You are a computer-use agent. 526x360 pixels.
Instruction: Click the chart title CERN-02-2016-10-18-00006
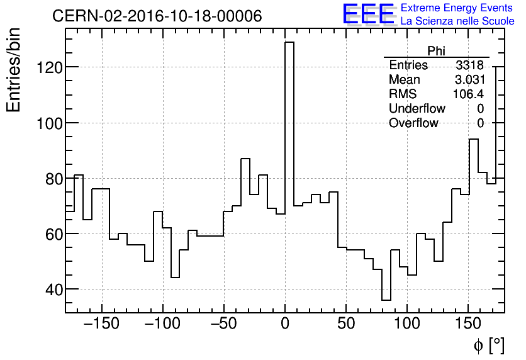coord(157,16)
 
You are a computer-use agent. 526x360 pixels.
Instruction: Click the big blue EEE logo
coord(368,14)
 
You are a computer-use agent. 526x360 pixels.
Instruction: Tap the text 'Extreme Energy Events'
coord(457,8)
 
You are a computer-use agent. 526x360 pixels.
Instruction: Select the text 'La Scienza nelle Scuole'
coord(457,21)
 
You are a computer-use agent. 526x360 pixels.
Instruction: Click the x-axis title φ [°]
coord(488,345)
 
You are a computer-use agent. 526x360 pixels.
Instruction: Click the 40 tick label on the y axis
coord(50,290)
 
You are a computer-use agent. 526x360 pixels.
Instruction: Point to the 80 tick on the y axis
coord(50,178)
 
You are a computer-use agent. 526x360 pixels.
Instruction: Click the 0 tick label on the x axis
coord(285,325)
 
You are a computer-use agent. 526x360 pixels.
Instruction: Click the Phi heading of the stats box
coord(436,51)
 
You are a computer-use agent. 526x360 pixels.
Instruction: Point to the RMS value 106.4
coord(469,94)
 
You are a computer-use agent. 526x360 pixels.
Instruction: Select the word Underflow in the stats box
coord(417,109)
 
